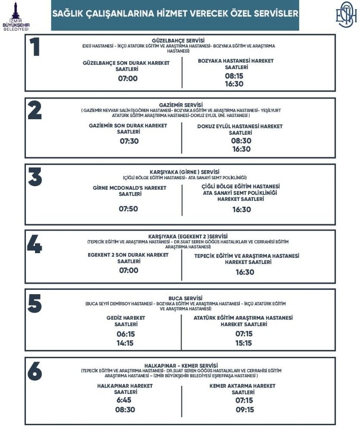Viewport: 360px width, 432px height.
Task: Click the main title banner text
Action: click(175, 14)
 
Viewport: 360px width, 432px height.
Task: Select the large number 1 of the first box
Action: click(35, 48)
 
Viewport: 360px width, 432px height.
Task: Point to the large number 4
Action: click(35, 245)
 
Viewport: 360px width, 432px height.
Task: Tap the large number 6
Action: click(35, 371)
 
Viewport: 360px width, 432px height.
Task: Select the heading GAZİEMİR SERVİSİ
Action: click(178, 105)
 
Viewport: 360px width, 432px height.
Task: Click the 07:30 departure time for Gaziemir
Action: click(128, 141)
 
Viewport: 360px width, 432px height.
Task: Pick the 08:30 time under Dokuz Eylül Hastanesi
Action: click(241, 141)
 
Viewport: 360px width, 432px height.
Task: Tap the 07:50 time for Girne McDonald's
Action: click(128, 209)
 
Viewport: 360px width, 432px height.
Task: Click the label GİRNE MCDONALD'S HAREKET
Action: click(130, 188)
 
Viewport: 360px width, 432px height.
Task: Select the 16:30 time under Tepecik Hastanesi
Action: click(245, 272)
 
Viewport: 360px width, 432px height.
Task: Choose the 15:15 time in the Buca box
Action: click(243, 343)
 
